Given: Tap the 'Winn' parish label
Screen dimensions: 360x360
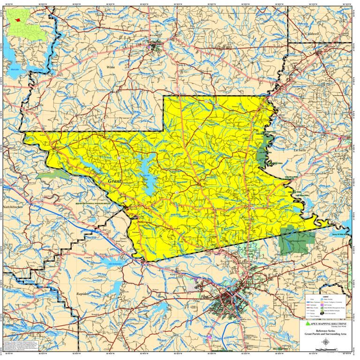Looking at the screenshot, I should (124, 67).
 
